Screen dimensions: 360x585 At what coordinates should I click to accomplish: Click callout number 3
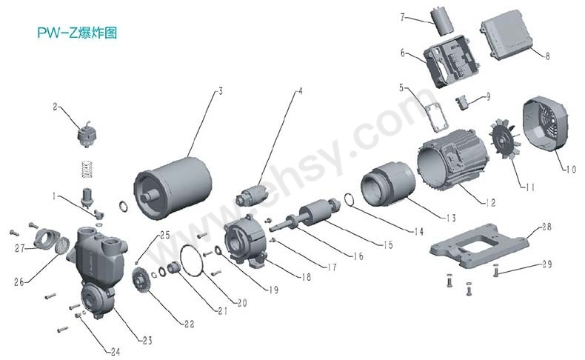click(x=220, y=92)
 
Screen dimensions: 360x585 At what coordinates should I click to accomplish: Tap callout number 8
click(x=547, y=55)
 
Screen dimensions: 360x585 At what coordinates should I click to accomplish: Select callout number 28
click(x=545, y=226)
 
